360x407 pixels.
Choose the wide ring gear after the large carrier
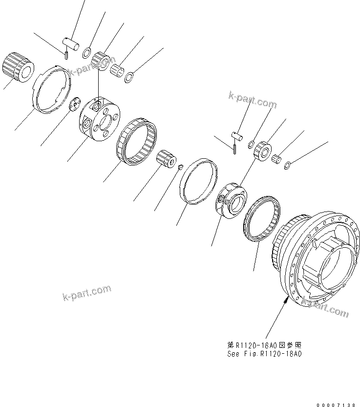[x=138, y=142]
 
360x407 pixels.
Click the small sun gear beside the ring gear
[x=166, y=160]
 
